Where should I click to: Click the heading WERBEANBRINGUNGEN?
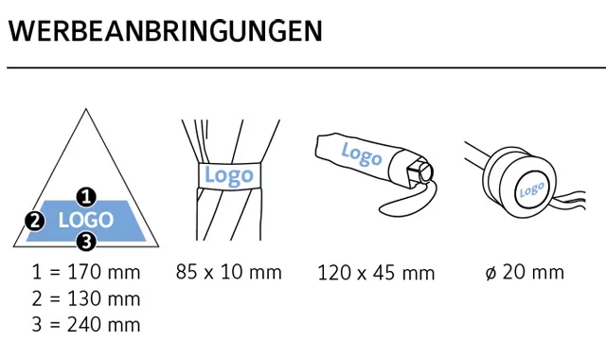(x=165, y=31)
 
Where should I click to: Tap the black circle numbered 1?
(x=86, y=197)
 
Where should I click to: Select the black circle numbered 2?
(x=35, y=221)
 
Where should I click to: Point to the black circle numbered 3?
(x=86, y=243)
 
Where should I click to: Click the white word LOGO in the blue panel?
(x=86, y=220)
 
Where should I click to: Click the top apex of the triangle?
(x=86, y=109)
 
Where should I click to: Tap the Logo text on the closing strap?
(x=229, y=176)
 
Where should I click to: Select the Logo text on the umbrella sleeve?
(x=362, y=154)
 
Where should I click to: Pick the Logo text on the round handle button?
(x=531, y=189)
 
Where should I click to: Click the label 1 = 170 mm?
(x=86, y=272)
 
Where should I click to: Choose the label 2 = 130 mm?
(x=86, y=298)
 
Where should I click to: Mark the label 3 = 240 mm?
(x=86, y=324)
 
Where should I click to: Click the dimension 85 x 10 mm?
(x=229, y=272)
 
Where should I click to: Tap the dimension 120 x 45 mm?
(x=376, y=273)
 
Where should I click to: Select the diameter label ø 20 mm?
(x=525, y=272)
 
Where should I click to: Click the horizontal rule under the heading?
(x=307, y=67)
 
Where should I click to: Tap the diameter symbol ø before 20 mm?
(x=490, y=274)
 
